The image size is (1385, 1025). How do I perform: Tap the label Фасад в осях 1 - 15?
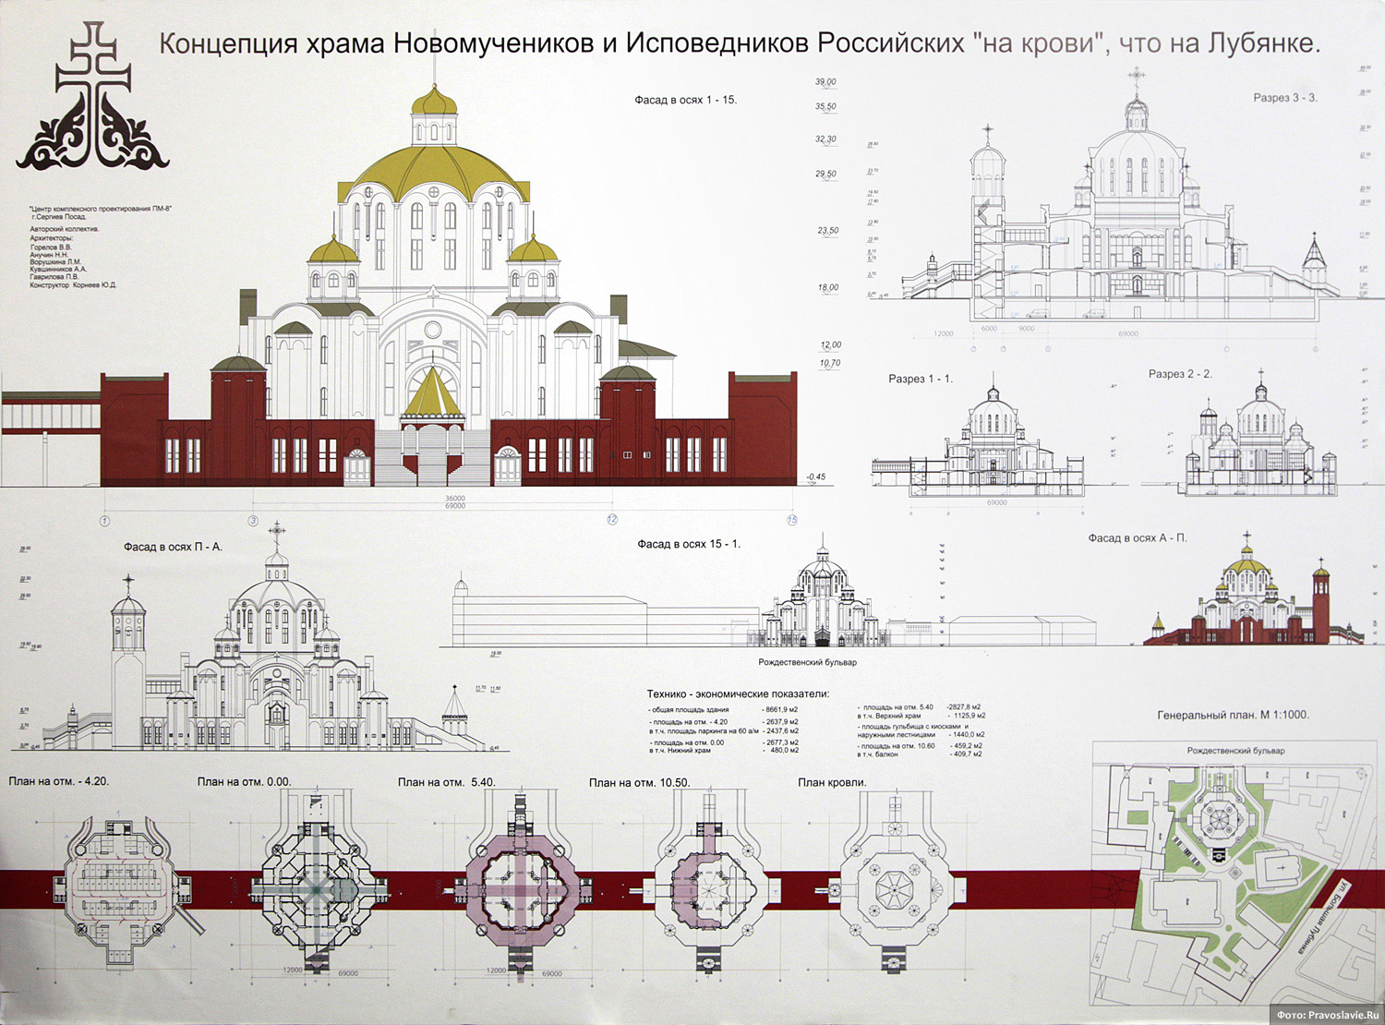685,100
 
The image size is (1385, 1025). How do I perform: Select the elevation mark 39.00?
825,82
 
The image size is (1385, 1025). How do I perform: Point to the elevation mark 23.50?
827,231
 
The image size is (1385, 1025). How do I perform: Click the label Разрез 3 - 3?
1284,98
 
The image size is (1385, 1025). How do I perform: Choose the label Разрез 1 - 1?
920,379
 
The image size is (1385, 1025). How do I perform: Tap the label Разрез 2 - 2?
1180,374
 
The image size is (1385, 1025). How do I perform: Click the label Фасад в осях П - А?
173,547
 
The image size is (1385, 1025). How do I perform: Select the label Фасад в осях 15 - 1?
688,544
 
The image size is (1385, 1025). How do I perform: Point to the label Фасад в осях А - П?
1137,537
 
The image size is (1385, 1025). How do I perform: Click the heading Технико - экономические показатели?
738,693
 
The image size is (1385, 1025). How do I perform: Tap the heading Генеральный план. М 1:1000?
1233,715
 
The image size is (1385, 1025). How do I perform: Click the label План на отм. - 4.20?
59,781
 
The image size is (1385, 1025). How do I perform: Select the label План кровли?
832,782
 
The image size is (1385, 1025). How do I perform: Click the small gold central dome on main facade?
434,101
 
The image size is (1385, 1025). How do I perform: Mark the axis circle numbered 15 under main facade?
791,521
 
